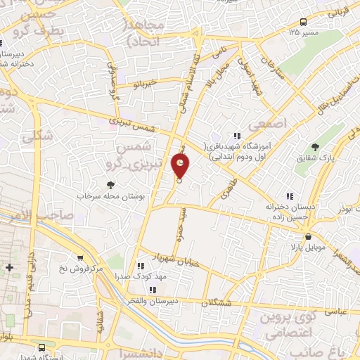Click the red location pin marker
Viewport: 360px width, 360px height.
181,167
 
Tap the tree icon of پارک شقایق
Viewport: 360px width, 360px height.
315,148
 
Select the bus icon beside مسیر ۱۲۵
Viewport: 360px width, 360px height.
303,22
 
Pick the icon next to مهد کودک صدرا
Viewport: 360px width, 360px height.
141,266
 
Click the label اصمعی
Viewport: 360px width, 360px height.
274,123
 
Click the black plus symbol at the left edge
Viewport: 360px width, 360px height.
9,268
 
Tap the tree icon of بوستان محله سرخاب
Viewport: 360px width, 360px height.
110,185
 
